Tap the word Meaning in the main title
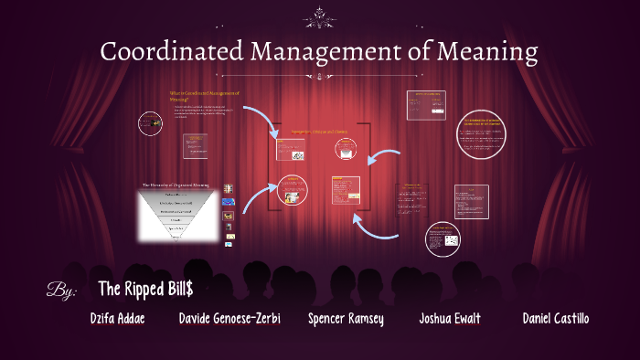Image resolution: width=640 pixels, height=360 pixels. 484,51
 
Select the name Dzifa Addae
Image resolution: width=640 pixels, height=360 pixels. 118,319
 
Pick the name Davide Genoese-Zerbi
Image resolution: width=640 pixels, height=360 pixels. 229,319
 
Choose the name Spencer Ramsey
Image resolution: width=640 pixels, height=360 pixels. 346,319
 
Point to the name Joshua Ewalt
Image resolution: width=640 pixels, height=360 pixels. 450,319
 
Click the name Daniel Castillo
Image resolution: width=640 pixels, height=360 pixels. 555,319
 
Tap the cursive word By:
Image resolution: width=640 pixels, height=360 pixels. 61,291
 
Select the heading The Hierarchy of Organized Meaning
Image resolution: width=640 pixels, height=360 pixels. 176,185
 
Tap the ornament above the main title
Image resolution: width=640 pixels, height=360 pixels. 320,14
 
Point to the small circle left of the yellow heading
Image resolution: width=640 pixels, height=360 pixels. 149,122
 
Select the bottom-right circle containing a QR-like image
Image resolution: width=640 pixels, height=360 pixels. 449,239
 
